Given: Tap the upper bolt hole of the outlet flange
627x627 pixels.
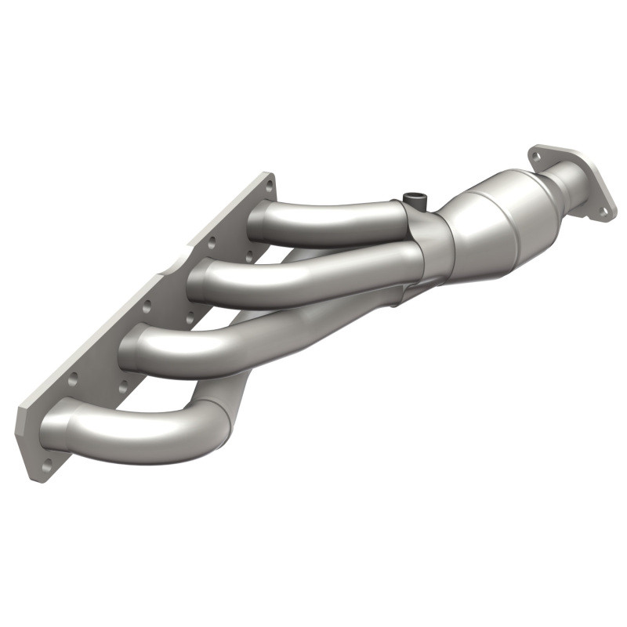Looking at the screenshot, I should tap(537, 156).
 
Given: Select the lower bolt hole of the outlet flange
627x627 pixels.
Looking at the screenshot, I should tap(603, 209).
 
